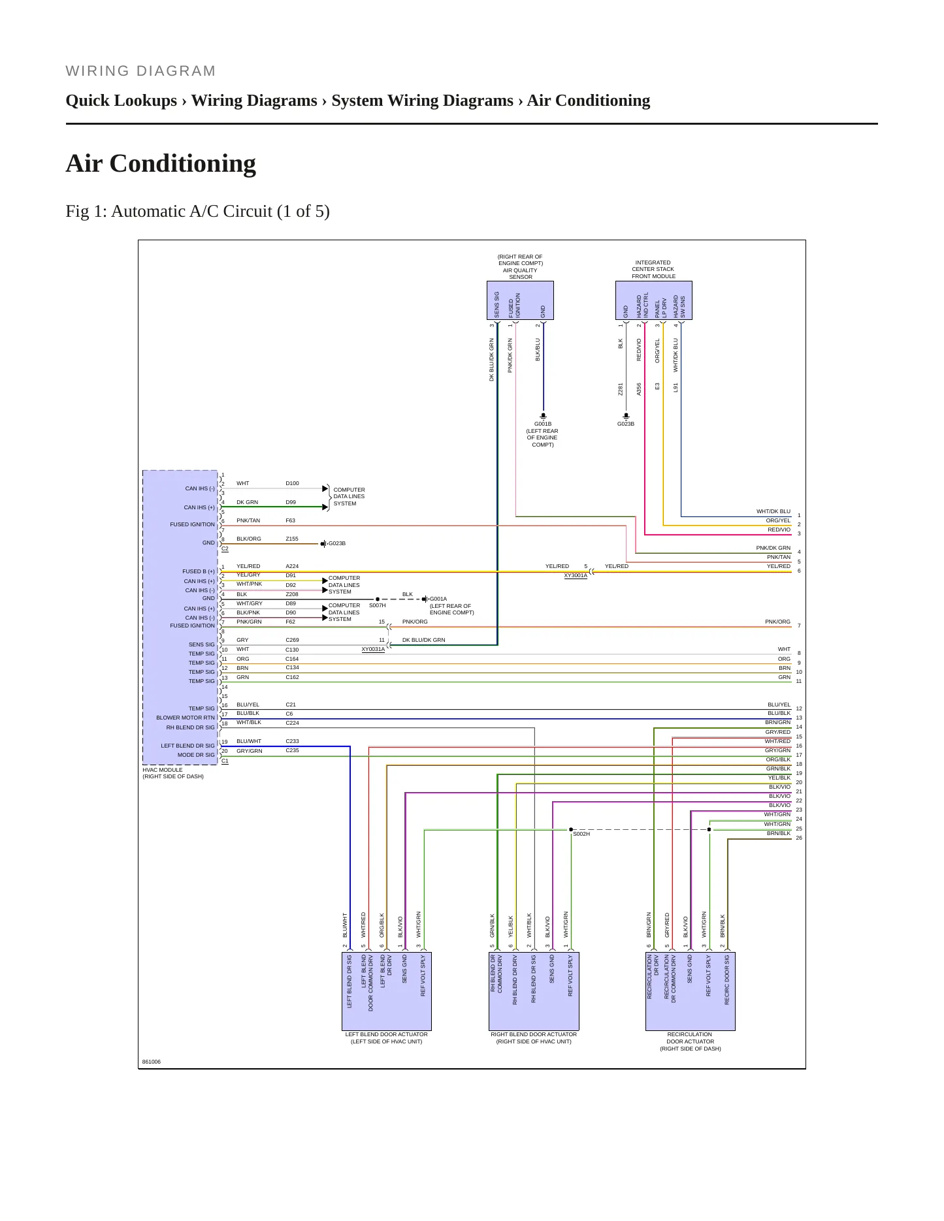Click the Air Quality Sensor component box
[x=520, y=300]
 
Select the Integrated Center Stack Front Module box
[x=653, y=300]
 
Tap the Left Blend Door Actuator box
[x=387, y=991]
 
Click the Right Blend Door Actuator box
[x=534, y=991]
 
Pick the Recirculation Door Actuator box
[x=690, y=991]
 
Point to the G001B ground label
[x=542, y=424]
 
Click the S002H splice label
[x=581, y=834]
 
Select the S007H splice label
[x=377, y=605]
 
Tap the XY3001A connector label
[x=576, y=575]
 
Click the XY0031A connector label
[x=373, y=649]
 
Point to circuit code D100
[x=292, y=483]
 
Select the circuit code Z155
[x=292, y=539]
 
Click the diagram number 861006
[x=152, y=1062]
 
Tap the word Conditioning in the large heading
[x=183, y=163]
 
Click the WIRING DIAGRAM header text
[x=140, y=71]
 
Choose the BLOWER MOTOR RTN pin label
[x=186, y=718]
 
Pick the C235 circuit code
[x=292, y=750]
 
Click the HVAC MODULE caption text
[x=163, y=770]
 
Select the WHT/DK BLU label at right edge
[x=773, y=511]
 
